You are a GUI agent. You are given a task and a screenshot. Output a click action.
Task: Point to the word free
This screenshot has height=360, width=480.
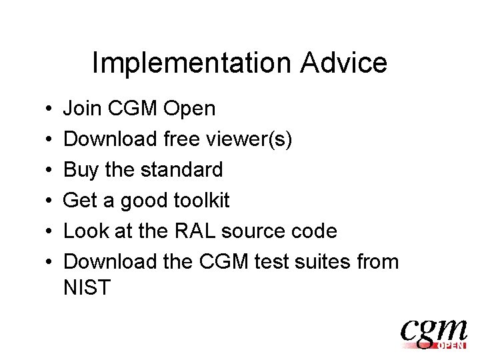click(x=183, y=139)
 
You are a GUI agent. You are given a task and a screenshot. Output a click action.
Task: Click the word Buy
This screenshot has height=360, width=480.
click(x=81, y=170)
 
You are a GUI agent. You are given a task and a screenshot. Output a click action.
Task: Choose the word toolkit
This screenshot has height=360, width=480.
click(x=206, y=200)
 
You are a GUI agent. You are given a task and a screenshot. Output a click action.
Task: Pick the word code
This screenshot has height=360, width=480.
click(x=314, y=231)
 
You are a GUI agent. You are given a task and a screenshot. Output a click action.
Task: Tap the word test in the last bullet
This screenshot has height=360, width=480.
click(x=275, y=261)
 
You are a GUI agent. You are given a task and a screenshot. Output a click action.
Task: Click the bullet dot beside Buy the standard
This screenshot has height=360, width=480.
click(x=51, y=170)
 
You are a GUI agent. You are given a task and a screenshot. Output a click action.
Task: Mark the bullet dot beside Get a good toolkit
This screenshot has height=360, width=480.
click(x=51, y=201)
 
